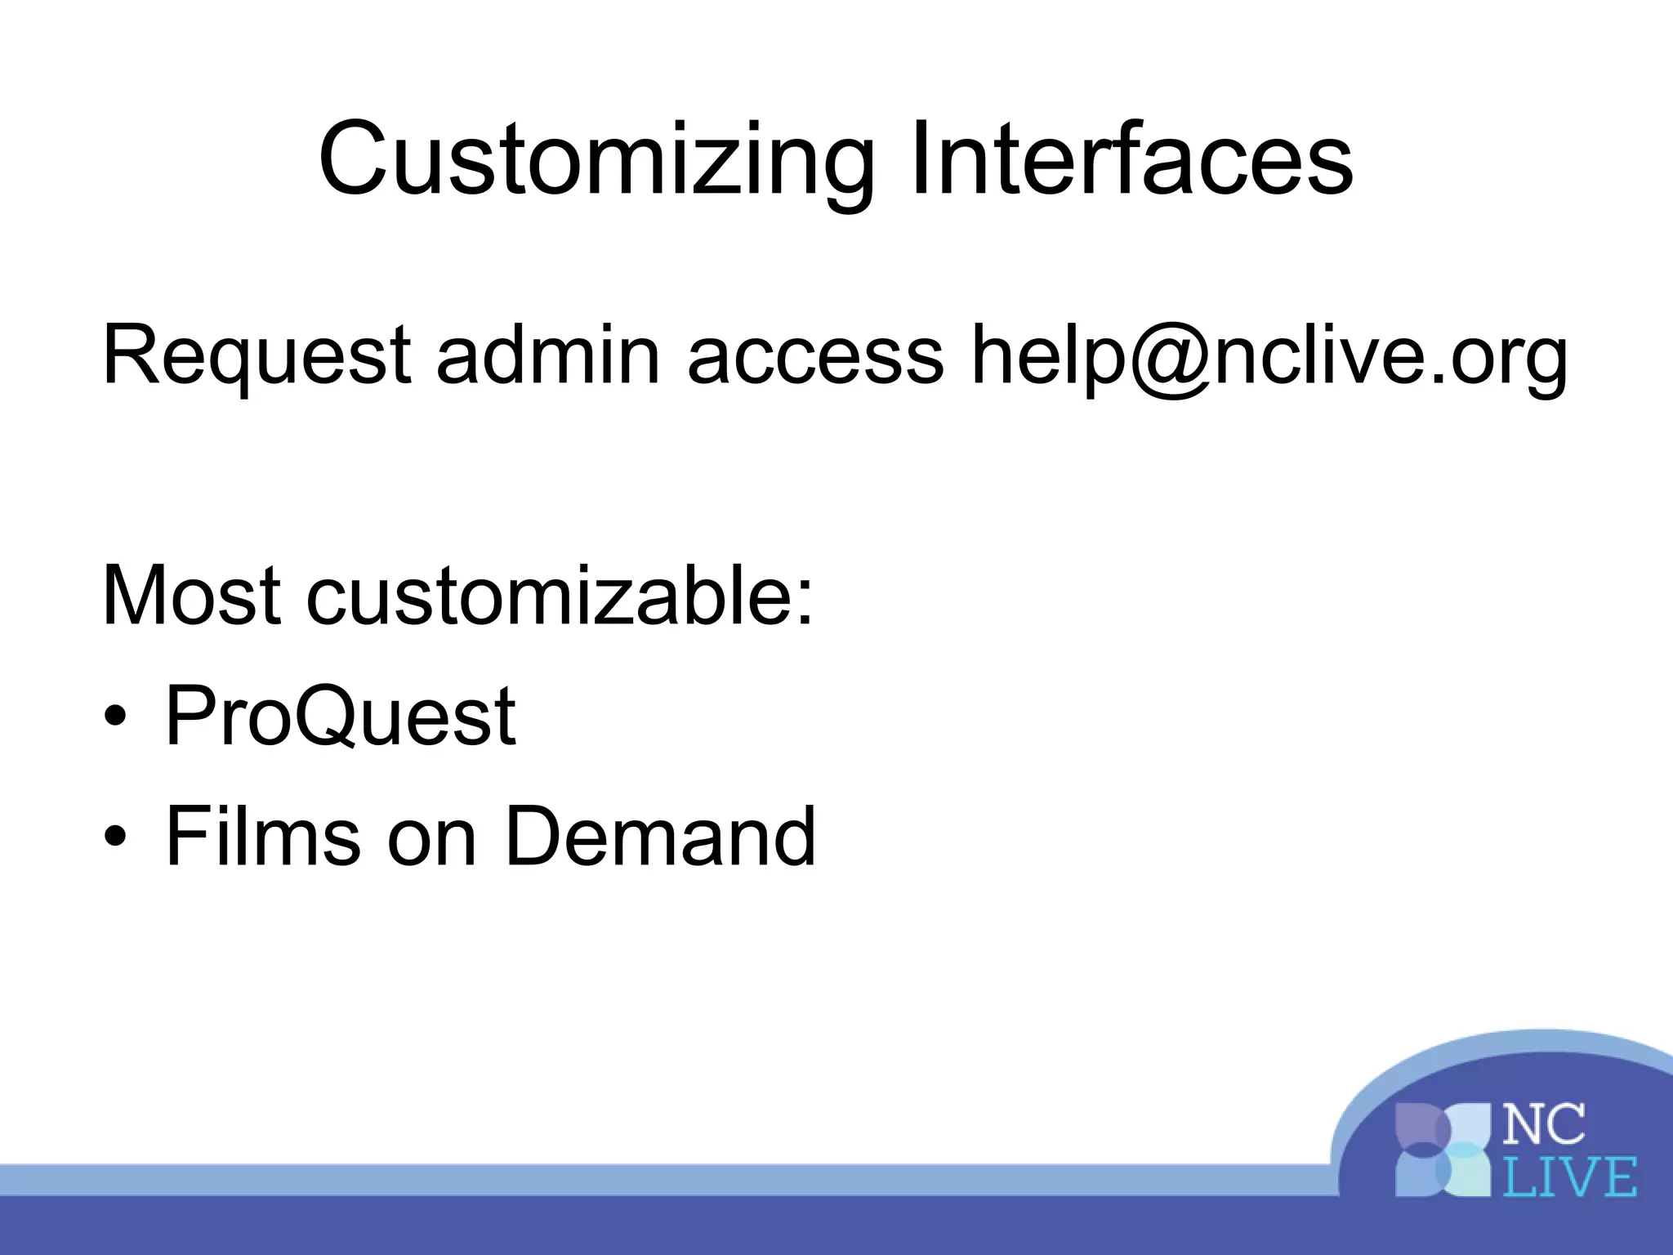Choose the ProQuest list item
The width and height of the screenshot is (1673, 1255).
pos(339,717)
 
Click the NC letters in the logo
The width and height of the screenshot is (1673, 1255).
pos(1544,1124)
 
